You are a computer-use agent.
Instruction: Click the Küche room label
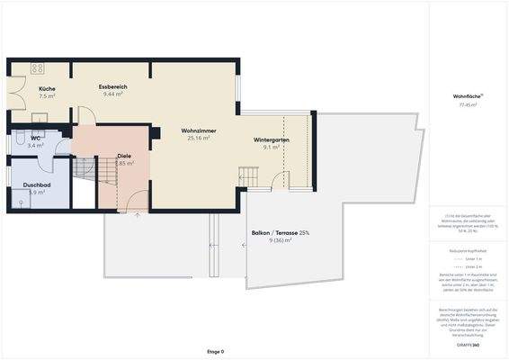(47, 87)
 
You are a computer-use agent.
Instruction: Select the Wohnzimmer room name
(198, 130)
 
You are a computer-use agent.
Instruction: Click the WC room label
(35, 137)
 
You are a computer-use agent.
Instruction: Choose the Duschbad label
(37, 184)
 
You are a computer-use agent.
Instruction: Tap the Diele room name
(124, 156)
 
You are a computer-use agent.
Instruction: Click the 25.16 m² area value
(198, 139)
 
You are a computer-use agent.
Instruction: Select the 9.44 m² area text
(114, 94)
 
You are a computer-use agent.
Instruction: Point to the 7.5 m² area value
(47, 95)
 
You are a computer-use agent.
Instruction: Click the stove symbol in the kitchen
(38, 68)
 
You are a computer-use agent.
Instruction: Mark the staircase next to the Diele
(84, 167)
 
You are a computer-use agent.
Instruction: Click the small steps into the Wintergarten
(247, 177)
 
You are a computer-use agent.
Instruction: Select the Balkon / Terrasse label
(280, 233)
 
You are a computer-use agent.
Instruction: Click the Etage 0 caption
(216, 351)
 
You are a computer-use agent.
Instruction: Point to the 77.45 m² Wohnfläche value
(468, 104)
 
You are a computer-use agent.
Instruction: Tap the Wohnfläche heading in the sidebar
(468, 96)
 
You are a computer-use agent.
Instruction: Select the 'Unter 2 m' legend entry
(469, 267)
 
